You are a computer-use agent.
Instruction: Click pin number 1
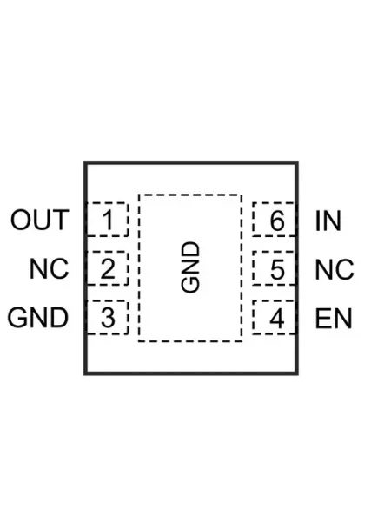[108, 220]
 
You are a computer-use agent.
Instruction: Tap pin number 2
[108, 269]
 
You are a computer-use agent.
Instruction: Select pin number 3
[108, 318]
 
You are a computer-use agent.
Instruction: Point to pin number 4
[277, 318]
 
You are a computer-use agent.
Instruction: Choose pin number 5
[277, 269]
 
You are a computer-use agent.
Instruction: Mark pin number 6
[277, 221]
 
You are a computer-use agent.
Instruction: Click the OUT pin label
[40, 220]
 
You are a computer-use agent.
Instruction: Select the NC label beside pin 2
[49, 269]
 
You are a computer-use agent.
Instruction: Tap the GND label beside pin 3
[38, 318]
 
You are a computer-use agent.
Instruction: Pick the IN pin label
[328, 221]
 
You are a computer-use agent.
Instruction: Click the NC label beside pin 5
[335, 269]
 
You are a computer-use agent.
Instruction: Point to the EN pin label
[334, 319]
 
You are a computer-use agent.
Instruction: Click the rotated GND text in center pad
[191, 267]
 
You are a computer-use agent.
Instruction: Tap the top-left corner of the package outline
[85, 162]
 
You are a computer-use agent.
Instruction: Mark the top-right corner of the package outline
[297, 162]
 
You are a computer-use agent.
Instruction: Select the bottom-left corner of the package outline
[85, 373]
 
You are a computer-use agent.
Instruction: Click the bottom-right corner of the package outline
[297, 373]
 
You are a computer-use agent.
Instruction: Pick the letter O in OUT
[21, 220]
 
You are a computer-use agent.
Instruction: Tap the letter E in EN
[322, 319]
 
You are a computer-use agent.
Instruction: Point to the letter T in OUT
[61, 220]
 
